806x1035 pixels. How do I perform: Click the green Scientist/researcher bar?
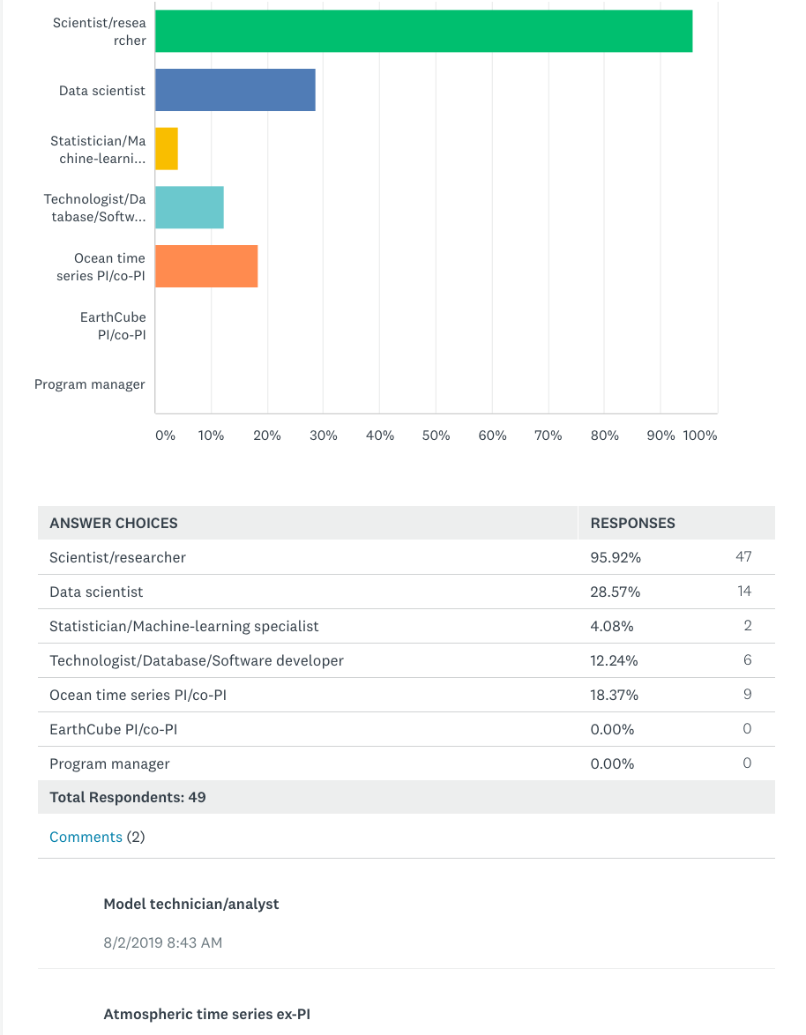coord(424,31)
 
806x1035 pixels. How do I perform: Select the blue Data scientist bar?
coord(235,90)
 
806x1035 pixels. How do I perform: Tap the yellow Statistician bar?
coord(167,148)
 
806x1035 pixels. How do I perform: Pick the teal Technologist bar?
coord(190,207)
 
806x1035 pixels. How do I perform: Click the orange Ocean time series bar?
coord(206,266)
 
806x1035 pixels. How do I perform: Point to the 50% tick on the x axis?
coord(436,436)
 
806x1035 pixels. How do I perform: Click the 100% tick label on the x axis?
coord(699,436)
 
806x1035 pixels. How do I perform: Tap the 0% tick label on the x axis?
coord(165,436)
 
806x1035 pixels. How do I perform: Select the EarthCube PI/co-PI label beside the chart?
coord(113,326)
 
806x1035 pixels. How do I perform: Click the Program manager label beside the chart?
coord(90,384)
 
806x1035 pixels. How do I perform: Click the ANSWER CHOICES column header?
coord(114,523)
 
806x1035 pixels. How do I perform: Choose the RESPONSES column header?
coord(632,523)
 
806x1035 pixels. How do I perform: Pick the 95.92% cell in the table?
coord(616,557)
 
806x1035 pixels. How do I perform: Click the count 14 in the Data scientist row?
coord(744,591)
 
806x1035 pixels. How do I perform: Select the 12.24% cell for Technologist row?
coord(614,660)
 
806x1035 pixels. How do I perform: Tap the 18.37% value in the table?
coord(614,695)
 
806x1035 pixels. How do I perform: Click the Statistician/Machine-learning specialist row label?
coord(184,627)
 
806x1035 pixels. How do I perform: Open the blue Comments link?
coord(86,837)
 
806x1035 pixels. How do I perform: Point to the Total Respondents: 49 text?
coord(127,797)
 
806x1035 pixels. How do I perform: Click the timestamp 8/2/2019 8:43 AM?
coord(162,942)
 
